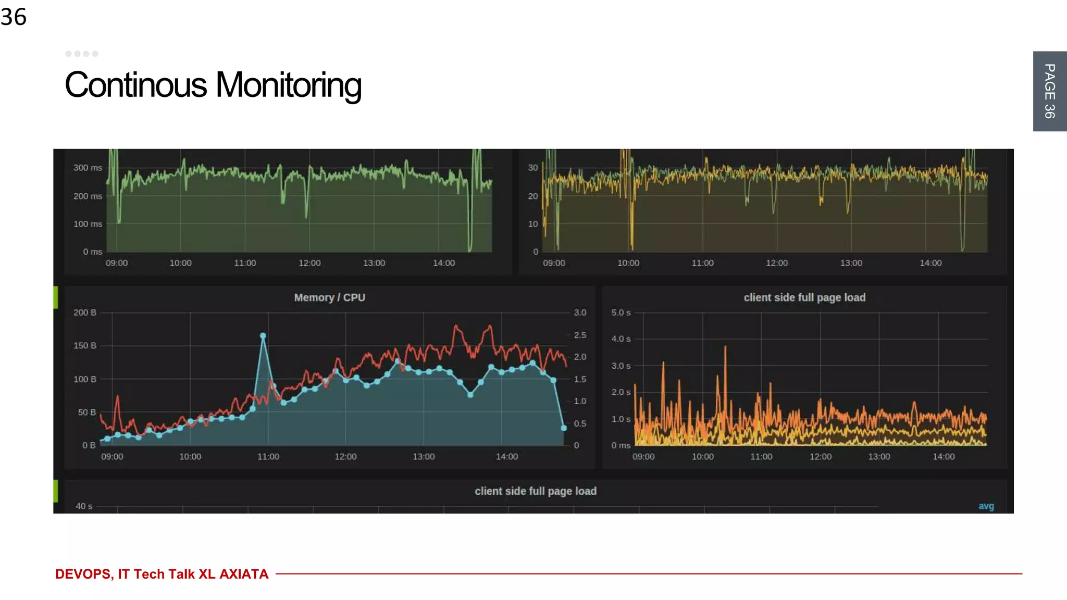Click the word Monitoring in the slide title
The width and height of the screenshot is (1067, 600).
tap(288, 85)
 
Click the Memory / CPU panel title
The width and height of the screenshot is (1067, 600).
tap(329, 297)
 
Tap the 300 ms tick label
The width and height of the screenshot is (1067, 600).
tap(88, 168)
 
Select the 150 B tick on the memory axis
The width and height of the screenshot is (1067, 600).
tap(85, 345)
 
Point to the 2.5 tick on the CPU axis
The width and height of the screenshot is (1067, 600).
tap(580, 335)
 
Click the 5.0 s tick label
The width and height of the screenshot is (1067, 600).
tap(621, 312)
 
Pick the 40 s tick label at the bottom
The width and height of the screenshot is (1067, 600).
tap(84, 506)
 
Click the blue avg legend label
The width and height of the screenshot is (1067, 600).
tap(986, 506)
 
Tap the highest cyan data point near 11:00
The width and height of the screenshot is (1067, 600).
tap(263, 336)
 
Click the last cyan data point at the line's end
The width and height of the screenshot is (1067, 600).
tap(564, 428)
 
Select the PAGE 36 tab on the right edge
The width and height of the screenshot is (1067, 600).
tap(1049, 91)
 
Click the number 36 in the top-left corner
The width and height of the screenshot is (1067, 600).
tap(14, 17)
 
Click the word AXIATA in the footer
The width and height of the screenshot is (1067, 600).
tap(244, 574)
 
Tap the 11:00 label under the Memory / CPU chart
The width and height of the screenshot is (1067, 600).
tap(268, 456)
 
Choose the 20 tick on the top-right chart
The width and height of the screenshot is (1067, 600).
tap(532, 196)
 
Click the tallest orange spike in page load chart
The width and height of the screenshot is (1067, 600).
tap(725, 348)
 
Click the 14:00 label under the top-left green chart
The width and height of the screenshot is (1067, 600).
tap(444, 263)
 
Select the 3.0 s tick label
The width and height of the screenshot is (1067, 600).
tap(621, 366)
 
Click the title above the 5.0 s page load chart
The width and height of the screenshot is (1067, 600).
tap(804, 297)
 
